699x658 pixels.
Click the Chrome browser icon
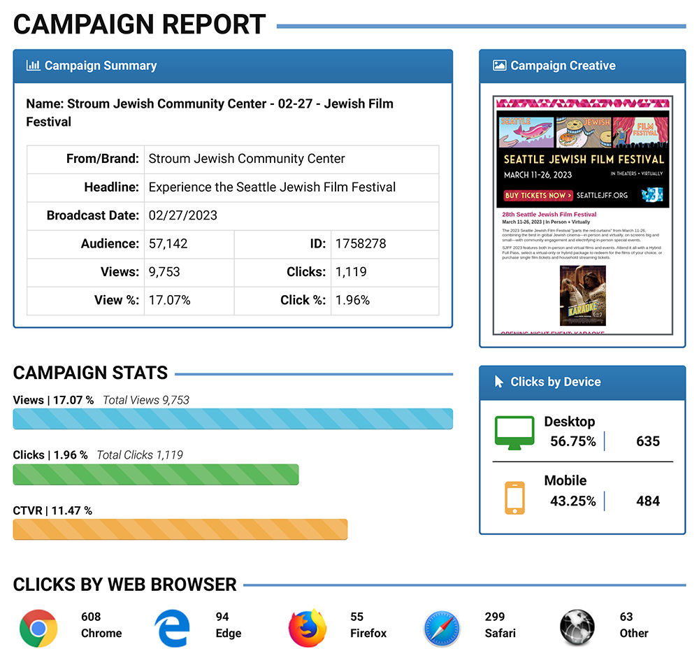(x=38, y=627)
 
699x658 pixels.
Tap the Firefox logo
(x=308, y=627)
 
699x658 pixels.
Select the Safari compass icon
(x=442, y=627)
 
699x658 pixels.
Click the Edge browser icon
(x=173, y=627)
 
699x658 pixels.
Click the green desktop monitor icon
(x=514, y=433)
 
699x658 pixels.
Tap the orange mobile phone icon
(x=514, y=497)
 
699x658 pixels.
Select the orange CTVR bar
(x=180, y=529)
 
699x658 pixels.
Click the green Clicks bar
(x=156, y=474)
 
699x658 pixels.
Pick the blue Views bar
(x=233, y=419)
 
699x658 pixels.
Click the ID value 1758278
(x=361, y=244)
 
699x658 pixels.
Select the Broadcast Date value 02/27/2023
(x=183, y=215)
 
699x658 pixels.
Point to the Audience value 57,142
(x=168, y=244)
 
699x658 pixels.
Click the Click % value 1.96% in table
(x=353, y=300)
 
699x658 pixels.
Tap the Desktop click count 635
(x=648, y=441)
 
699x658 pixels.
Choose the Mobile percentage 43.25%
(x=573, y=501)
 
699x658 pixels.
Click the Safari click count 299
(x=495, y=617)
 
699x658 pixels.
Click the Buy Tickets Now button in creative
(x=539, y=196)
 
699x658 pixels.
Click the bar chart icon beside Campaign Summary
(x=33, y=66)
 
